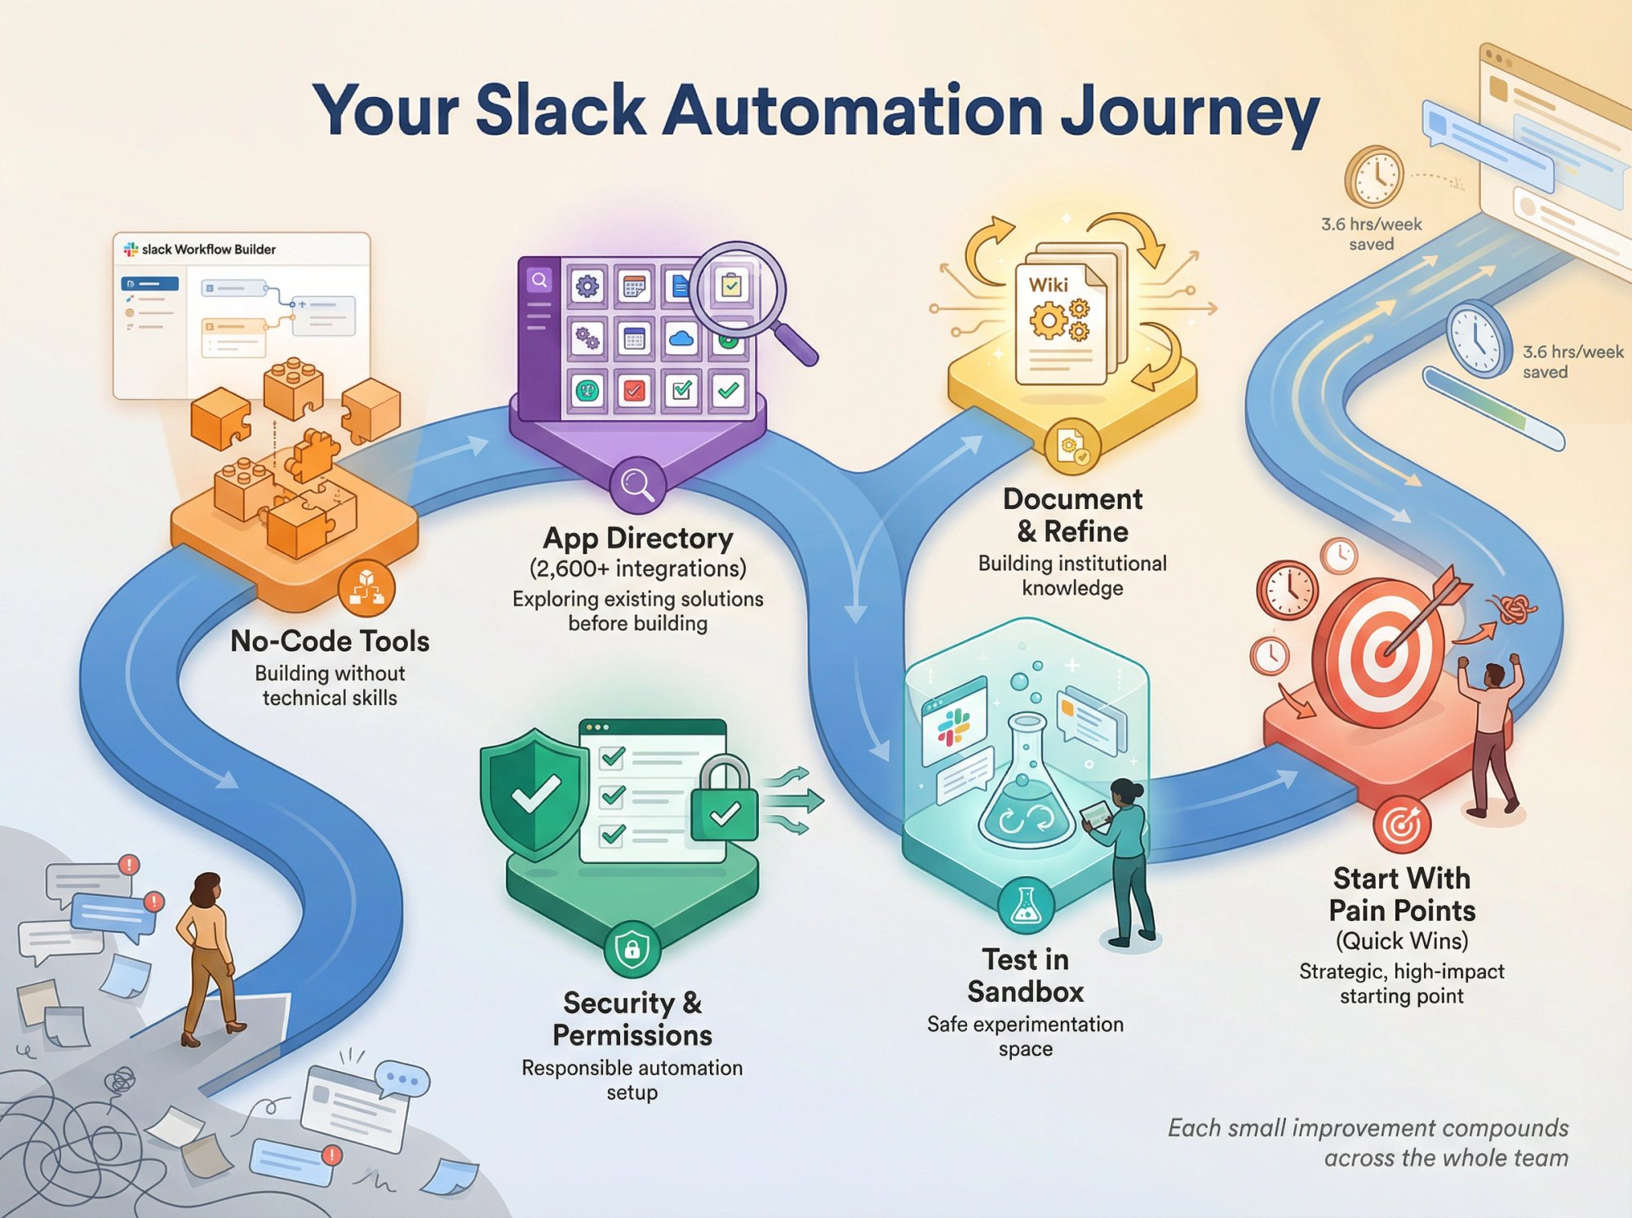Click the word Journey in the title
pos(1189,112)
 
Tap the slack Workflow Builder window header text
pos(208,250)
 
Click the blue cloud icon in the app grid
pos(681,338)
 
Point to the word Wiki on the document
pos(1048,286)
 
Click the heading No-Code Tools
pos(330,641)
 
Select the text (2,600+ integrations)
pos(637,569)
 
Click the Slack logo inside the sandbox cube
pos(953,726)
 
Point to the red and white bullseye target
pos(1379,653)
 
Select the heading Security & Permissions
pos(632,1019)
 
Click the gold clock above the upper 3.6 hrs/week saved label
pos(1374,176)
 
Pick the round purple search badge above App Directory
pos(637,484)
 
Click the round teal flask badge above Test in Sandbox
pos(1025,906)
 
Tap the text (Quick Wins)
pos(1401,941)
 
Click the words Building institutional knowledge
pos(1072,576)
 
